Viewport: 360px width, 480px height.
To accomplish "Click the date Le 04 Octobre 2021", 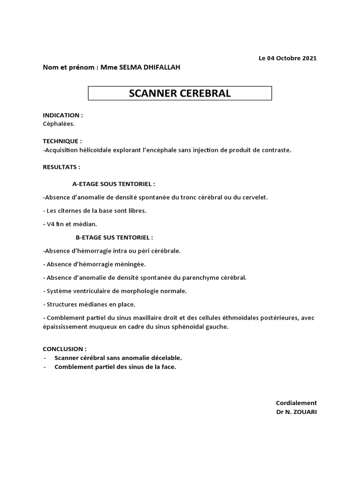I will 287,59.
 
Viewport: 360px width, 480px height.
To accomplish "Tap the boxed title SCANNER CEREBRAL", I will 180,93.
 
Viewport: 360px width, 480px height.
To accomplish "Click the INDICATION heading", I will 63,115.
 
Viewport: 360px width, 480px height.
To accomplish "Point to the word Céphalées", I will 59,124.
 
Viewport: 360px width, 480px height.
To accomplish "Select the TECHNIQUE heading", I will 62,141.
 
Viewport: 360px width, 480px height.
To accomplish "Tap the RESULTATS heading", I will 61,167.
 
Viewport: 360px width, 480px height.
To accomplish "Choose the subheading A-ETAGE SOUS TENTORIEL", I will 113,184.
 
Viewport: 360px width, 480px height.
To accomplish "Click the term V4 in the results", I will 51,224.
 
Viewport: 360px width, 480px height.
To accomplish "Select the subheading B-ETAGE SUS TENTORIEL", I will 114,238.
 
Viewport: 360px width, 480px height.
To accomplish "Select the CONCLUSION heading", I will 65,349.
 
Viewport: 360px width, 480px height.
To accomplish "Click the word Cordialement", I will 296,403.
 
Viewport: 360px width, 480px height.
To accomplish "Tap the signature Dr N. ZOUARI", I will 297,412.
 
